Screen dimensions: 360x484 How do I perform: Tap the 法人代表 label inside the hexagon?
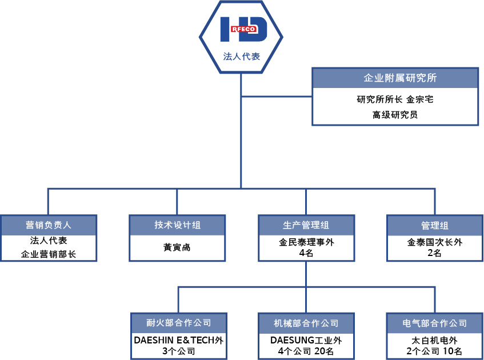[x=242, y=57]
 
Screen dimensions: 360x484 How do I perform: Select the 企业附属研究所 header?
[x=395, y=78]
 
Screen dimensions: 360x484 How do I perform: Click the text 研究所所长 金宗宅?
[x=395, y=99]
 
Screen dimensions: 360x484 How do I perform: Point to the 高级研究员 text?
[x=395, y=115]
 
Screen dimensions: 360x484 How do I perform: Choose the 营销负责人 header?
[x=49, y=225]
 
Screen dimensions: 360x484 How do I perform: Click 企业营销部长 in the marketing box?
[x=49, y=254]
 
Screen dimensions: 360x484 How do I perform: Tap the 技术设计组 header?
[x=177, y=225]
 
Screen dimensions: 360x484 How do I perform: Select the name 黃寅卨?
[x=177, y=248]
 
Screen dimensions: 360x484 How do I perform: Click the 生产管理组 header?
[x=306, y=225]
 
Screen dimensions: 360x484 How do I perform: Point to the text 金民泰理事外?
[x=306, y=242]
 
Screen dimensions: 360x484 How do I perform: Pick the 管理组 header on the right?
[x=435, y=225]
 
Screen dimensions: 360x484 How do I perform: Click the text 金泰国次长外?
[x=435, y=242]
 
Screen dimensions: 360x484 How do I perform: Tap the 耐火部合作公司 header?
[x=179, y=323]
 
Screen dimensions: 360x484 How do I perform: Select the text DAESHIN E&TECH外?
[x=179, y=341]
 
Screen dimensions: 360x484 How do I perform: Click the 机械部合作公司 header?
[x=306, y=323]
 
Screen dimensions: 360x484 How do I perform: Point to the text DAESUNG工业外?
[x=306, y=341]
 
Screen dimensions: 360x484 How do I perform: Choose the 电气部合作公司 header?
[x=435, y=323]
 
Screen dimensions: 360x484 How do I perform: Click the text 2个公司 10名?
[x=435, y=351]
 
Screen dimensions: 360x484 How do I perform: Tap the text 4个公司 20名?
[x=306, y=351]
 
